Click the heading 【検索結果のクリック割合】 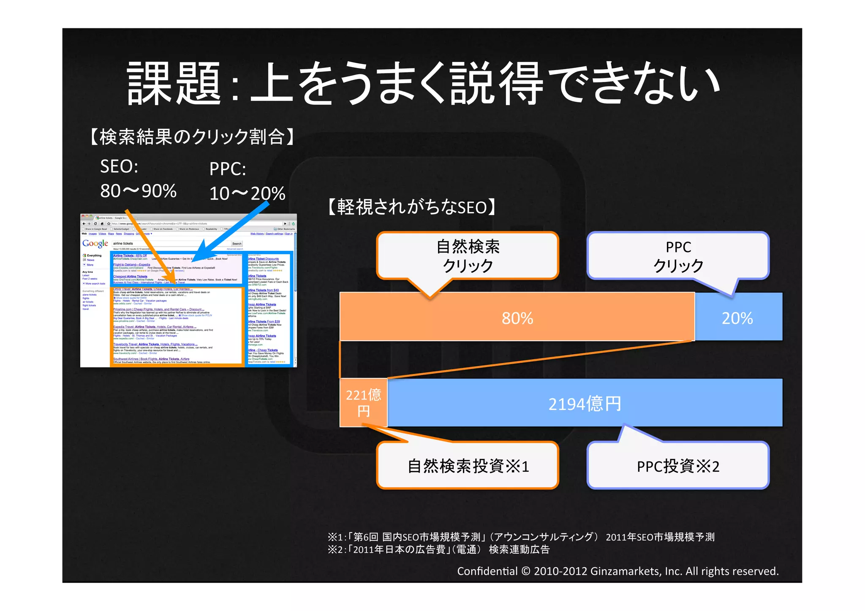click(192, 137)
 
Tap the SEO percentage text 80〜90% click(138, 191)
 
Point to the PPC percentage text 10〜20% click(248, 193)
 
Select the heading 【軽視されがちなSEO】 click(412, 207)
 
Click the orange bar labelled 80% click(517, 317)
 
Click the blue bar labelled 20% click(737, 317)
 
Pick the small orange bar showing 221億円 click(363, 402)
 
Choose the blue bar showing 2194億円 click(585, 403)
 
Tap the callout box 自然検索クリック click(468, 256)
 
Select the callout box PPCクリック click(678, 256)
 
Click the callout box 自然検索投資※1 click(468, 466)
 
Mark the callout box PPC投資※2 click(678, 466)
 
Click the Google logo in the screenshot click(95, 244)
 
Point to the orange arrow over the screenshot click(150, 245)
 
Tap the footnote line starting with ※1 click(521, 537)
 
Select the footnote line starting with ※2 click(438, 549)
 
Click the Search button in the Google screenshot click(237, 244)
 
